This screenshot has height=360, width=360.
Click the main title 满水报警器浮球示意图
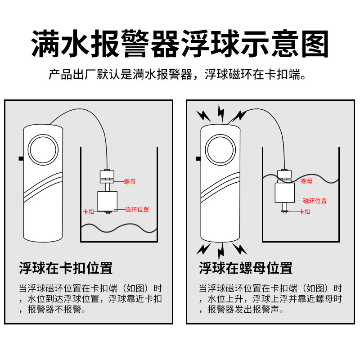(180, 44)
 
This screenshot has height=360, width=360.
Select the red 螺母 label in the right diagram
(306, 181)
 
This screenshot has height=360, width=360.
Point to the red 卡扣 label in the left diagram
(89, 211)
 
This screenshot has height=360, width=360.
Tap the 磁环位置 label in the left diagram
(137, 209)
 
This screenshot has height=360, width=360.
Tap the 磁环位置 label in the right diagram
(315, 201)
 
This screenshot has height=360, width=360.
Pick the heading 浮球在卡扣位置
(66, 268)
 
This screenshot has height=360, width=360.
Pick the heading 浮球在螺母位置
(246, 268)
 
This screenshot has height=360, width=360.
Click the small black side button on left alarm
(21, 158)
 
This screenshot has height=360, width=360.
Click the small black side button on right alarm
(198, 158)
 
